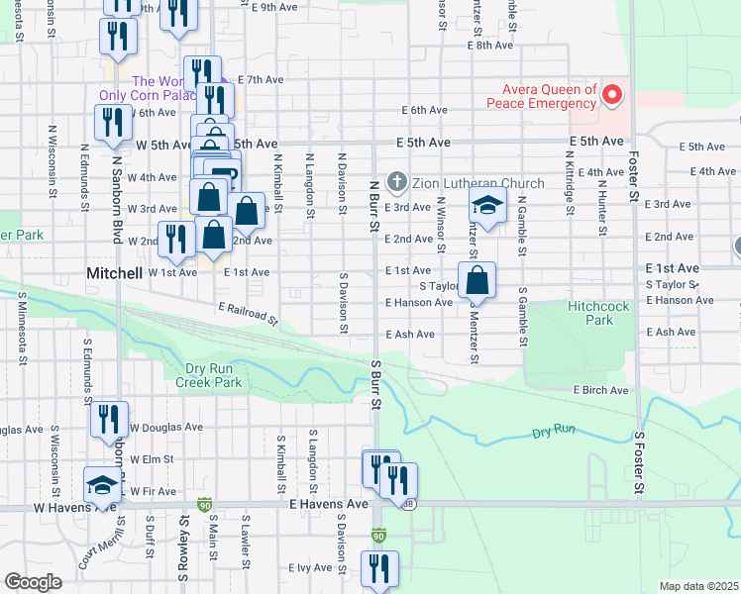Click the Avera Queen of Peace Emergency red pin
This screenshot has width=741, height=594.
[x=612, y=95]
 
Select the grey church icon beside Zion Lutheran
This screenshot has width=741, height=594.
[x=396, y=182]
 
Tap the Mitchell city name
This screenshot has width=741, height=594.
[x=116, y=271]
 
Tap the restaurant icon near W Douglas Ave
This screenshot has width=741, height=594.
[x=109, y=420]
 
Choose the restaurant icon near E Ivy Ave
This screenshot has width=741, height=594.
[x=379, y=568]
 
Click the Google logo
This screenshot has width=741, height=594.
[x=34, y=582]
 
